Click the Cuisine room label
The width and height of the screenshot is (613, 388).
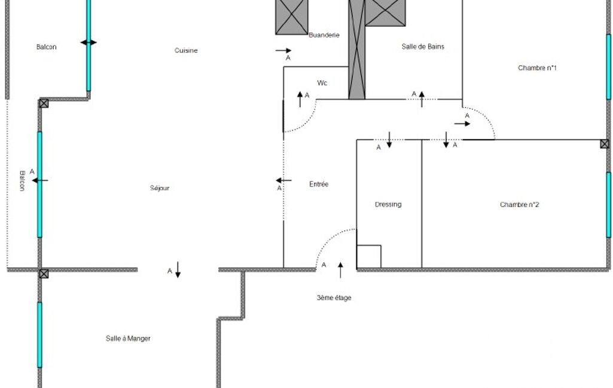(186, 50)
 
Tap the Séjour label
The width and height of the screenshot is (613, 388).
(160, 188)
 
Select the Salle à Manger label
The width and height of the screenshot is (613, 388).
(128, 338)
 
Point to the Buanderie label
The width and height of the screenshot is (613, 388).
(324, 35)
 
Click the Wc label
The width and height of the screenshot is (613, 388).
(322, 83)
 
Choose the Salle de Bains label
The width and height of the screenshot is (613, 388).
(423, 47)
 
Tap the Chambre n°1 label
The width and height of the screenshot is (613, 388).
(537, 68)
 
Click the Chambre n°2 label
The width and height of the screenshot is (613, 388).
(520, 205)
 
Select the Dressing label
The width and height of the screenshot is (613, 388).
(388, 205)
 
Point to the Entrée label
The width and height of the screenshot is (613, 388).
(319, 184)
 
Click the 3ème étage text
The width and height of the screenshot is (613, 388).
(334, 298)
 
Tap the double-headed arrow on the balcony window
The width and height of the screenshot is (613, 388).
(89, 42)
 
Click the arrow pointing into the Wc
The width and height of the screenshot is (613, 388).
(300, 99)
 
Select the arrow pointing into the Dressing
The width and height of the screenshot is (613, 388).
(389, 140)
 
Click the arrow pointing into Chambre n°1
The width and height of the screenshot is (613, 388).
(462, 124)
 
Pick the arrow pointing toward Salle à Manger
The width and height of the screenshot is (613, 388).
(178, 270)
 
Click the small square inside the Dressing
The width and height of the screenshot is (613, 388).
(368, 257)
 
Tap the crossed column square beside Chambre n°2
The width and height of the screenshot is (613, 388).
(605, 144)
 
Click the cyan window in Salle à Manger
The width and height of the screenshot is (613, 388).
(39, 334)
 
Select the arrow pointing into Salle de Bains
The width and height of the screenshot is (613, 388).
(422, 99)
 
